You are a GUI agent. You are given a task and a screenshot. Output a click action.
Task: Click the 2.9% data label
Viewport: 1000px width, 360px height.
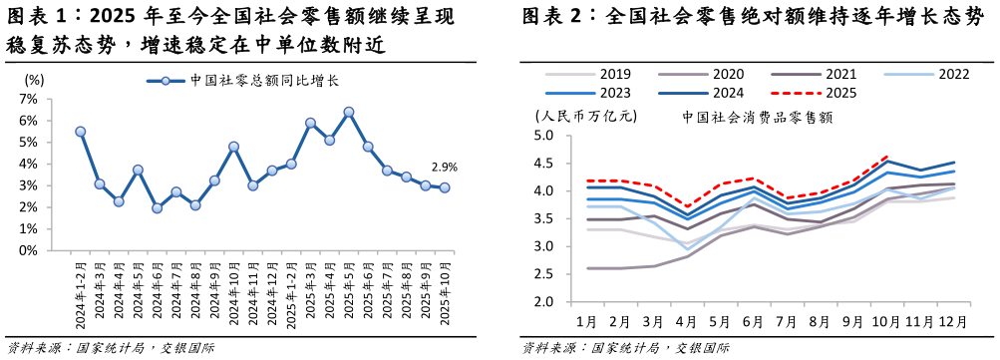pyautogui.click(x=444, y=168)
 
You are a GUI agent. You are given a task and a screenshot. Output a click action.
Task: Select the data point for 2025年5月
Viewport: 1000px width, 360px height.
pyautogui.click(x=349, y=112)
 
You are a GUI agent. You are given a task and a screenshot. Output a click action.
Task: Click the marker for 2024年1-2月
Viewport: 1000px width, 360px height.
pyautogui.click(x=80, y=132)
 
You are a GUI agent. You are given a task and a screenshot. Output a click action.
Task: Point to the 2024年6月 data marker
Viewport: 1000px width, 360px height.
pyautogui.click(x=157, y=208)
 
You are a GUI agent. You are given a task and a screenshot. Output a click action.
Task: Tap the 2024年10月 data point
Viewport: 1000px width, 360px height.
pyautogui.click(x=233, y=147)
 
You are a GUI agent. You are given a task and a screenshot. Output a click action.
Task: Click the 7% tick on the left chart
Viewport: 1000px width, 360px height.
pyautogui.click(x=28, y=99)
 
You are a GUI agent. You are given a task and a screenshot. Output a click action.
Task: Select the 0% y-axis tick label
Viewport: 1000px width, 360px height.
pyautogui.click(x=28, y=250)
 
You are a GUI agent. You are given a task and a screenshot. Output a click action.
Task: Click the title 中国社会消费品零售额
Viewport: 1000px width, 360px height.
pyautogui.click(x=758, y=117)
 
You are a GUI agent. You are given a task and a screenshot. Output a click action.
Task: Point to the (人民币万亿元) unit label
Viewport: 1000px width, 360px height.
pyautogui.click(x=586, y=117)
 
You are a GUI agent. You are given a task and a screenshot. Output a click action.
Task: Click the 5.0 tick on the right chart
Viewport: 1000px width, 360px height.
pyautogui.click(x=550, y=136)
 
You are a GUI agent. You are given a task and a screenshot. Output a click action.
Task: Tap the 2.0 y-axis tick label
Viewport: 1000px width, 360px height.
pyautogui.click(x=550, y=301)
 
